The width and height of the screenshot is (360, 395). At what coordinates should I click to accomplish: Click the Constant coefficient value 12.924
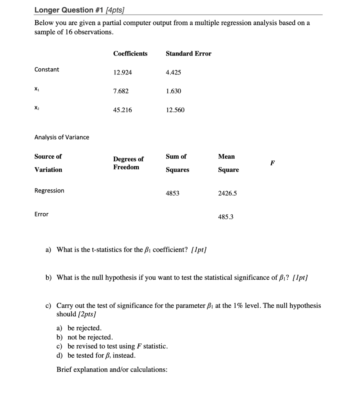click(x=122, y=73)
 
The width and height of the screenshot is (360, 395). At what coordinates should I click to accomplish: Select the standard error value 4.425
click(x=173, y=73)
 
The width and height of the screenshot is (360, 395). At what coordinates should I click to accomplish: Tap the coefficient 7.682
click(x=121, y=91)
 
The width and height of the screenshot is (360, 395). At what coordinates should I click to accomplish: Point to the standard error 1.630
click(x=173, y=91)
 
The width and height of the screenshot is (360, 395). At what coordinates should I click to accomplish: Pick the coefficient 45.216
click(x=122, y=110)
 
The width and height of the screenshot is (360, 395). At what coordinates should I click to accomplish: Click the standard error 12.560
click(x=175, y=110)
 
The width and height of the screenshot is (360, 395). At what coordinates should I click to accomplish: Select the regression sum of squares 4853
click(x=172, y=193)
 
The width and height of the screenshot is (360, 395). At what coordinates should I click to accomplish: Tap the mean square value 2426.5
click(x=227, y=193)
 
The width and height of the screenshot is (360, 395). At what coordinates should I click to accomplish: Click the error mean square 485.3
click(x=226, y=217)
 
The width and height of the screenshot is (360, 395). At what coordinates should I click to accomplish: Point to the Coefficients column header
click(x=130, y=54)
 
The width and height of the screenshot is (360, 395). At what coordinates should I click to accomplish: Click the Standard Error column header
click(x=188, y=54)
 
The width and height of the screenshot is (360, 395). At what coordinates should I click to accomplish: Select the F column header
click(x=272, y=163)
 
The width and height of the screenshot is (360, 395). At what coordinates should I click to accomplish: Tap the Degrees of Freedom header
click(x=128, y=163)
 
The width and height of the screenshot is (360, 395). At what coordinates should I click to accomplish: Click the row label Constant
click(x=47, y=69)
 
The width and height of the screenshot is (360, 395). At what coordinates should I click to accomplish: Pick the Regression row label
click(x=49, y=191)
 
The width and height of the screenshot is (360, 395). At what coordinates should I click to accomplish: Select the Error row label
click(x=41, y=214)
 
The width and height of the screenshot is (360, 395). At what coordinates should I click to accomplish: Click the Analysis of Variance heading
click(x=62, y=137)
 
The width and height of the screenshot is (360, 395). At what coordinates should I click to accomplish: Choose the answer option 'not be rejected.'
click(x=90, y=337)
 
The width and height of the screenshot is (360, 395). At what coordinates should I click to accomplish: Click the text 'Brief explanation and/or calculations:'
click(x=112, y=370)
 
